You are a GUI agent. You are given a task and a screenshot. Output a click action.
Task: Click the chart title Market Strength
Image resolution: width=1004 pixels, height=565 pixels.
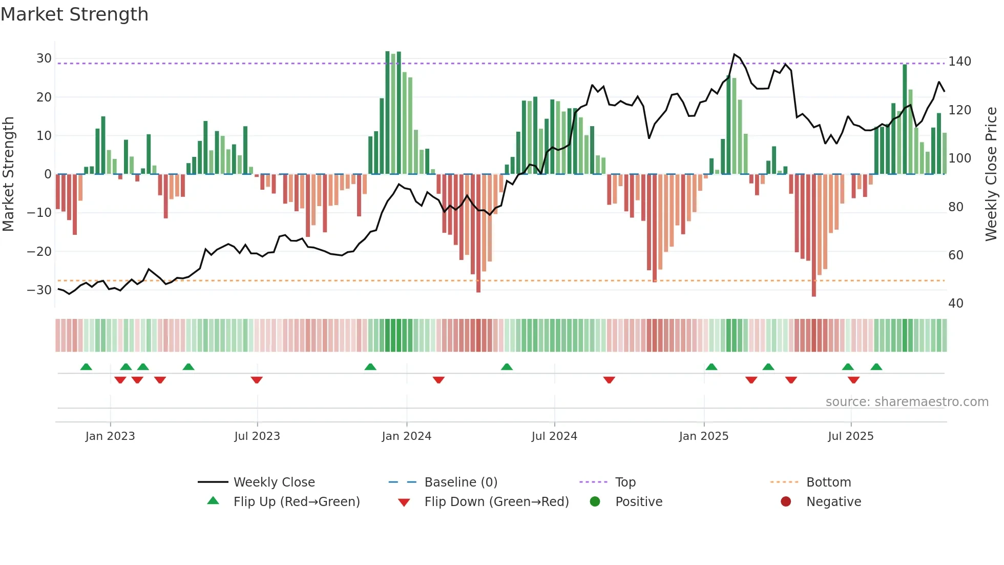[74, 14]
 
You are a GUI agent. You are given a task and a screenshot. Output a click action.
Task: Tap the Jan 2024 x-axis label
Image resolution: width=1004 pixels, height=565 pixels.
[406, 436]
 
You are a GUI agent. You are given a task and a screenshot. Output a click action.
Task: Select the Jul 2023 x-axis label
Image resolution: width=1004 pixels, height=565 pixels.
[257, 436]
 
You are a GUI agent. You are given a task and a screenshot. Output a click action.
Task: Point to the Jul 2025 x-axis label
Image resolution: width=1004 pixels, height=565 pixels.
[850, 436]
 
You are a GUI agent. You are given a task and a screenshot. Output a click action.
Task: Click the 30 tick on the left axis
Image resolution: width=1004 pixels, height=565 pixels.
[44, 58]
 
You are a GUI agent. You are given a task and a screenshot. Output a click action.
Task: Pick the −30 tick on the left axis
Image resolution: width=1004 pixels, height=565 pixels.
[40, 290]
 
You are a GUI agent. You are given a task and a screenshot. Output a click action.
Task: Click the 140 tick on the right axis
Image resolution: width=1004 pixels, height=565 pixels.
[959, 62]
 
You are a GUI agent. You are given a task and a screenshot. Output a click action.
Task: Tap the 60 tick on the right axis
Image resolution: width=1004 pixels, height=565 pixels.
[956, 255]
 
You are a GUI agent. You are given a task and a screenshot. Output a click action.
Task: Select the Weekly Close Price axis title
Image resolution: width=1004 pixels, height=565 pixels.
[991, 174]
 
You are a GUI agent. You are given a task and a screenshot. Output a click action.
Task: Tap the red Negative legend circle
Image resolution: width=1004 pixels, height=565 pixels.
[786, 502]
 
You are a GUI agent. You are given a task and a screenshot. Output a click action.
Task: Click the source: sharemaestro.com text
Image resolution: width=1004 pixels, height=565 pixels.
[907, 402]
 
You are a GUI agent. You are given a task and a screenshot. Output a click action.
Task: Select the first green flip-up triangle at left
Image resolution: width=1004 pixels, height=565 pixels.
[86, 367]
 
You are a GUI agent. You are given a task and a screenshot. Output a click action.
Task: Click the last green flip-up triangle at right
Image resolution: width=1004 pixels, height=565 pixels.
[876, 367]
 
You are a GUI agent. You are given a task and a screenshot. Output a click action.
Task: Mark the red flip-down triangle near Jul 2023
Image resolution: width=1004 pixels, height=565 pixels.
[257, 379]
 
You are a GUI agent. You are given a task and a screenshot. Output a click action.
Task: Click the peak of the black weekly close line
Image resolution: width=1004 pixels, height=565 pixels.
[734, 54]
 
